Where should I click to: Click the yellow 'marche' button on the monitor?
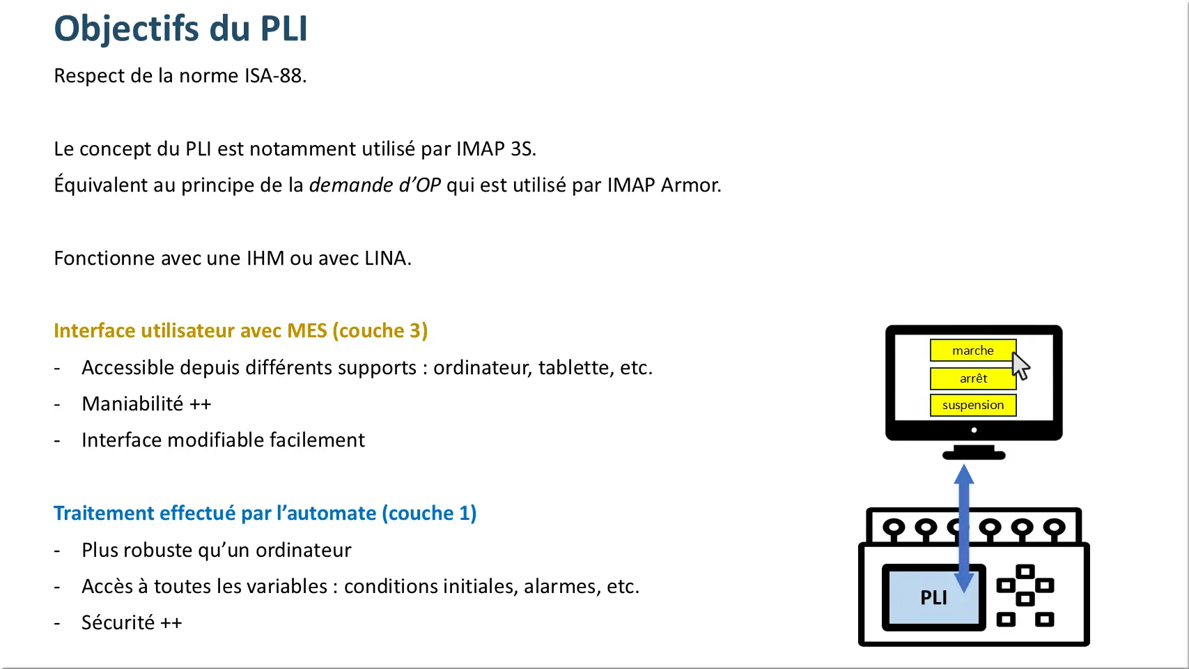(x=972, y=351)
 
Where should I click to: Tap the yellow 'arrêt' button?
(x=972, y=378)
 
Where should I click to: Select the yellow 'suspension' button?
(x=972, y=405)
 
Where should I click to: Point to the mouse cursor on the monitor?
(x=1020, y=365)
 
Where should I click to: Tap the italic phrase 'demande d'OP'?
(x=375, y=185)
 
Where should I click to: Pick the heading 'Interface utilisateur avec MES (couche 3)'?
(x=240, y=330)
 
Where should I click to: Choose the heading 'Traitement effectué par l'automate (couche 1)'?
(x=265, y=513)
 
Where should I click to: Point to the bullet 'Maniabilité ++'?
(x=146, y=404)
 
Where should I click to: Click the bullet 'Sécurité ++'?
(x=132, y=622)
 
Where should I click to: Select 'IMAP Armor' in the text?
(x=662, y=185)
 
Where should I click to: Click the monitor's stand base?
(x=973, y=456)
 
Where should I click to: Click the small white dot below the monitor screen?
(x=974, y=430)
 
